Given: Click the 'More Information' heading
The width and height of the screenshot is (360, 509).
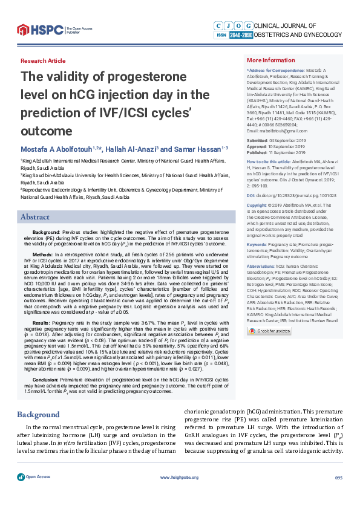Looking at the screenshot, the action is point(270,60).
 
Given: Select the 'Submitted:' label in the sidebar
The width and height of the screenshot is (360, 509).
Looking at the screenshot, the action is point(260,140).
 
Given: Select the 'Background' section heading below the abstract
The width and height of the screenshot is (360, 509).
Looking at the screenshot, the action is point(38,398).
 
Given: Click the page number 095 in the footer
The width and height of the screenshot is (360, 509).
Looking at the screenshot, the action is point(338,494).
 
